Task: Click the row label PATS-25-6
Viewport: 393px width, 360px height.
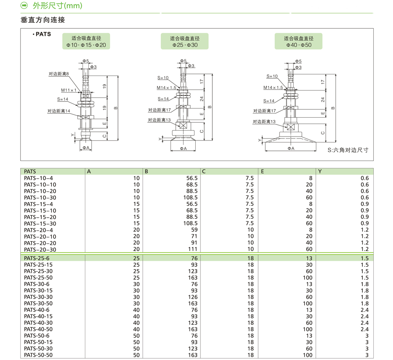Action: tap(37, 258)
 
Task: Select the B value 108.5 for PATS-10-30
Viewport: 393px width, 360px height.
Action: tap(190, 198)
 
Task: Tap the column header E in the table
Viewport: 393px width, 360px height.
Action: tap(263, 172)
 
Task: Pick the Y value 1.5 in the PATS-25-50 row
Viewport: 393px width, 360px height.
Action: tap(365, 278)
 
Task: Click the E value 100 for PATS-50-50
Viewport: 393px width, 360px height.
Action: tap(308, 355)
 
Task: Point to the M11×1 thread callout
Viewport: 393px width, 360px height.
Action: tap(69, 90)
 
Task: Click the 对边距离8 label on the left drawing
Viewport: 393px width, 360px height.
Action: tap(59, 74)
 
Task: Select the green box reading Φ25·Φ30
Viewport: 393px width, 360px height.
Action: tap(185, 41)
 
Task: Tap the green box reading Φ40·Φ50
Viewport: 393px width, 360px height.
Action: tap(299, 41)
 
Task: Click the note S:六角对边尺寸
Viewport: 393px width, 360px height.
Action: tap(348, 150)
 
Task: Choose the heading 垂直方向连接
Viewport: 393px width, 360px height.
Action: tap(42, 20)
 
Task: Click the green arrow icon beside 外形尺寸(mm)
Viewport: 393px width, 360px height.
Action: tap(24, 5)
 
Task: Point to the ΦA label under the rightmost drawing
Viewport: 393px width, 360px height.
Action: tap(291, 148)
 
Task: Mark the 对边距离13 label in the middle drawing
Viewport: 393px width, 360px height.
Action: tap(159, 120)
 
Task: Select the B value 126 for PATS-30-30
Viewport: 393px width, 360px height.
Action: tap(193, 297)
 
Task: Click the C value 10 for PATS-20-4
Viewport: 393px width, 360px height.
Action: tap(251, 230)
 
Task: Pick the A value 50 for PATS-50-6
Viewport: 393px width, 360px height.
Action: tap(136, 336)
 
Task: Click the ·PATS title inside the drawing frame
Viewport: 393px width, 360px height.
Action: tap(42, 34)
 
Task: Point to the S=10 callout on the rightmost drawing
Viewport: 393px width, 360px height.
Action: tap(272, 76)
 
